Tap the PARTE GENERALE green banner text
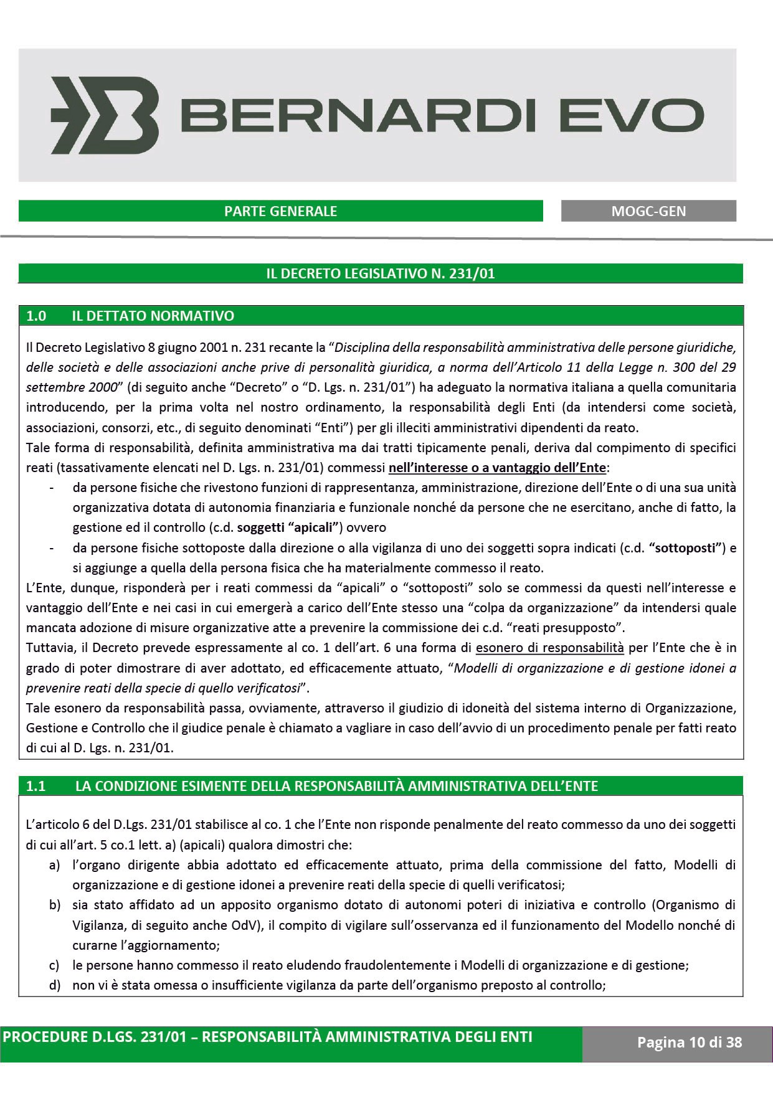pos(280,211)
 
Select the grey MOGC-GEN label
pos(648,211)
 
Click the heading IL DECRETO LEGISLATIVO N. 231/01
pos(380,273)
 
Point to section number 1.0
pos(36,316)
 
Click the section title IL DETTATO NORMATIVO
pos(153,316)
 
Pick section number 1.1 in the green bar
pos(36,786)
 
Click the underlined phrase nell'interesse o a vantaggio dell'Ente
pos(497,467)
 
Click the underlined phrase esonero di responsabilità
pos(549,648)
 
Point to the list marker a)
pos(55,865)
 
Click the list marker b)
pos(55,905)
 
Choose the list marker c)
pos(55,965)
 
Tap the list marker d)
pos(55,985)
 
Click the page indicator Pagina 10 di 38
pos(689,1041)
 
